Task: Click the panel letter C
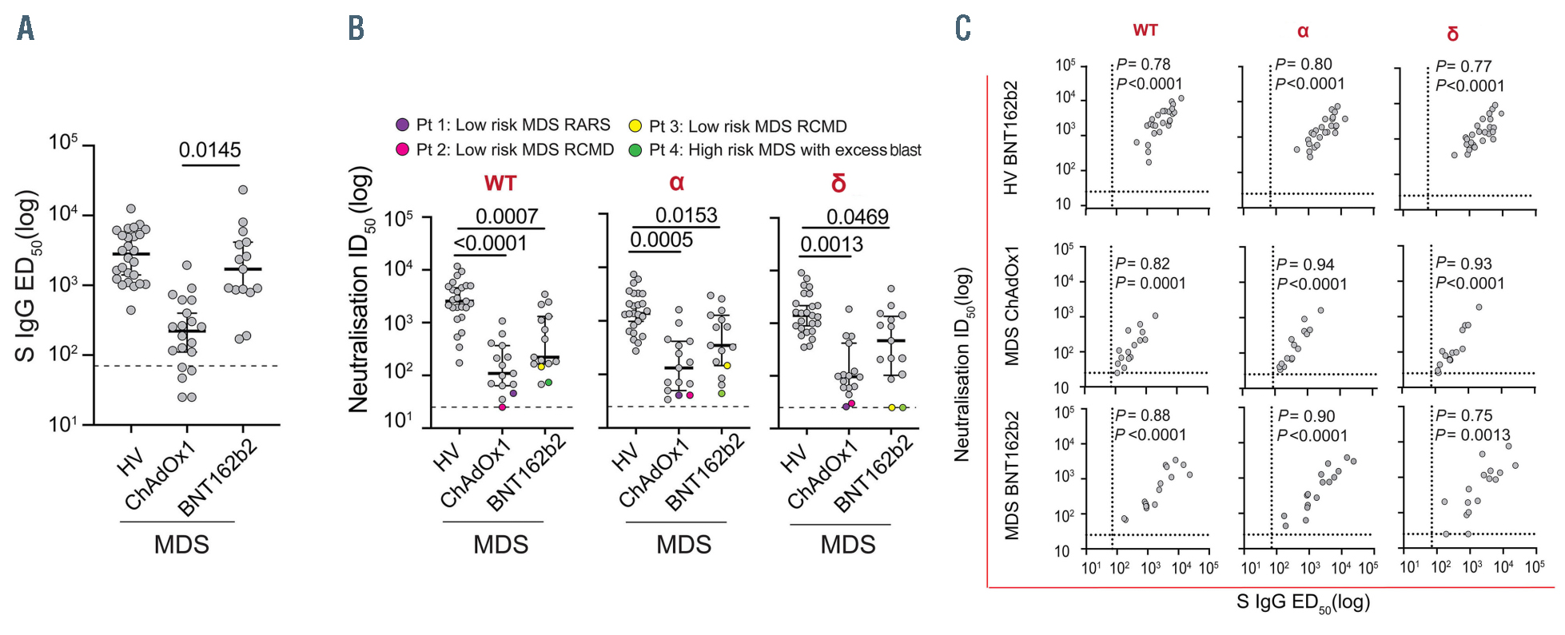pyautogui.click(x=962, y=29)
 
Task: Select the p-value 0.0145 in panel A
pyautogui.click(x=209, y=149)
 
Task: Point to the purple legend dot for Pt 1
pyautogui.click(x=403, y=125)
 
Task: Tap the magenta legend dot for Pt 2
pyautogui.click(x=403, y=149)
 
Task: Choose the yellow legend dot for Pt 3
pyautogui.click(x=635, y=126)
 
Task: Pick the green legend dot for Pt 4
pyautogui.click(x=635, y=150)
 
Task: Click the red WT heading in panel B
pyautogui.click(x=500, y=184)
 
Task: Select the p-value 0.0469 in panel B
pyautogui.click(x=857, y=216)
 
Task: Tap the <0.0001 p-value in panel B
pyautogui.click(x=491, y=243)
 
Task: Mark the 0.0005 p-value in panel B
pyautogui.click(x=661, y=240)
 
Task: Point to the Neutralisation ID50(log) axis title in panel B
pyautogui.click(x=360, y=289)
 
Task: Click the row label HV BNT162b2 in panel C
pyautogui.click(x=1012, y=137)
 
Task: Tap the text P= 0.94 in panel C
pyautogui.click(x=1305, y=264)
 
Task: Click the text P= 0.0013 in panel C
pyautogui.click(x=1473, y=435)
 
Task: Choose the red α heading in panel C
pyautogui.click(x=1303, y=31)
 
